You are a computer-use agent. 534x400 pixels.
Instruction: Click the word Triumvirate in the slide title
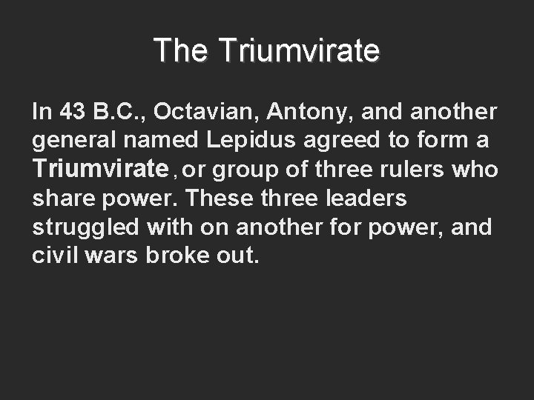point(299,51)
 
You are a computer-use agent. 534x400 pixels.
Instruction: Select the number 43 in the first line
point(73,112)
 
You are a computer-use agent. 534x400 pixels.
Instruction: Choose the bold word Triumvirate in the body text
point(101,170)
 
